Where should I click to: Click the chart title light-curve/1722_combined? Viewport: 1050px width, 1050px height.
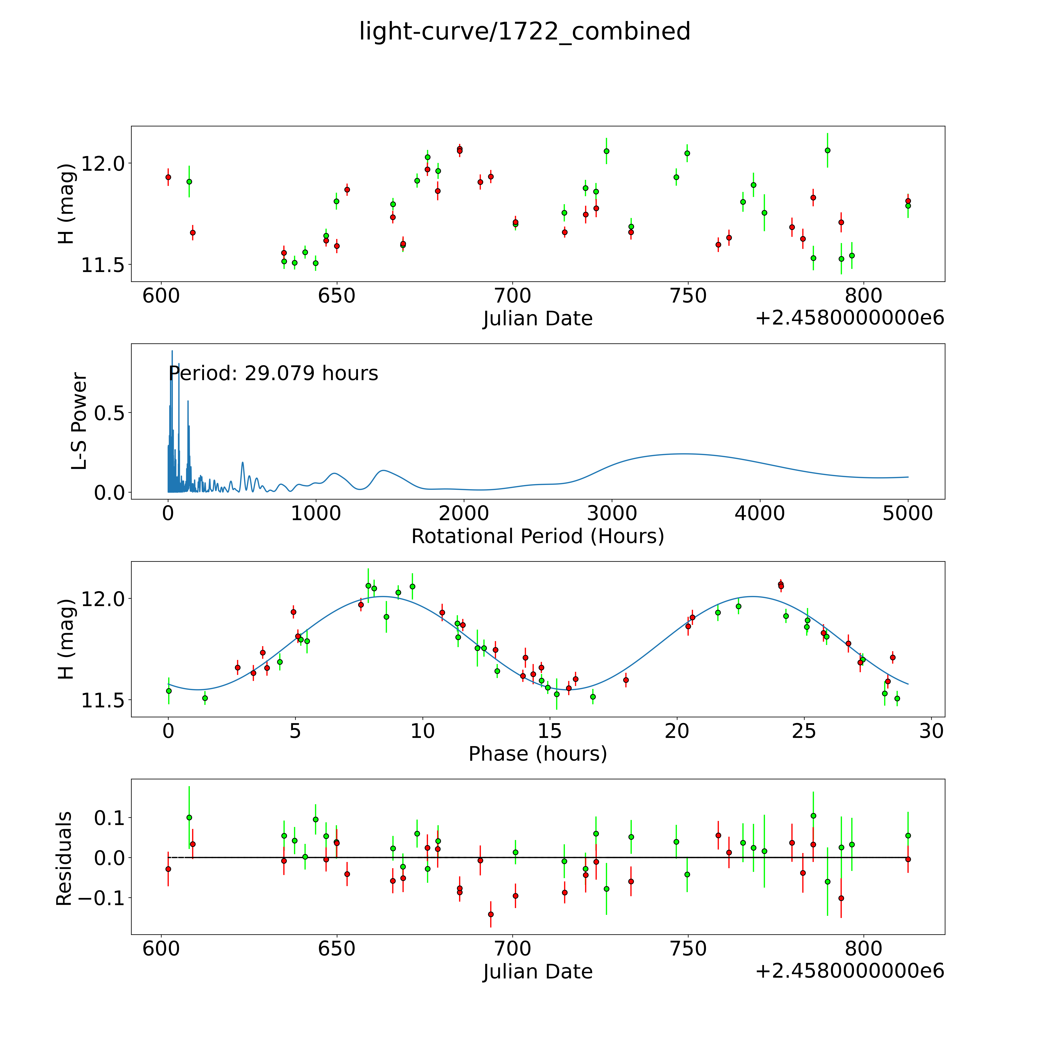(524, 31)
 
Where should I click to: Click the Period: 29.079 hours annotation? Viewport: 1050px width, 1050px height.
(273, 373)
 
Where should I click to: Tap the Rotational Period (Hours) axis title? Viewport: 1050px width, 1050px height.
(537, 536)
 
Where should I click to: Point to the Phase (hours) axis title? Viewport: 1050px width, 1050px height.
(537, 754)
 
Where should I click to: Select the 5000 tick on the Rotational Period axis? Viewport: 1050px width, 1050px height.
(908, 513)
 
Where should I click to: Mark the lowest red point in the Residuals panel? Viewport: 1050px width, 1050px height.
(491, 914)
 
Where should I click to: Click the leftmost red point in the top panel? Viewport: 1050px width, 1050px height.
(168, 177)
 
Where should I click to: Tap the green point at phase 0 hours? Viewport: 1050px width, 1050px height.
(168, 691)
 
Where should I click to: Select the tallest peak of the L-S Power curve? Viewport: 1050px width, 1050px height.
(172, 351)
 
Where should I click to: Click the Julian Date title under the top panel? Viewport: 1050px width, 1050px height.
(537, 318)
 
